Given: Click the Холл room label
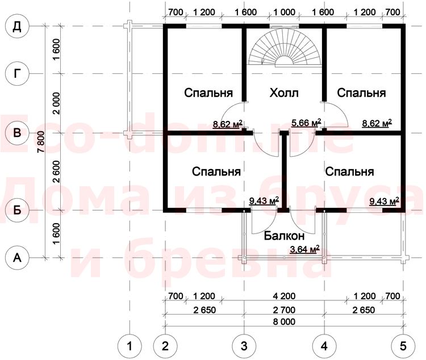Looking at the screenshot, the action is pyautogui.click(x=284, y=93).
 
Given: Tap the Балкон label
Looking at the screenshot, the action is pyautogui.click(x=284, y=236).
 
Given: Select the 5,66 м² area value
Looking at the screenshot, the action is pyautogui.click(x=306, y=123).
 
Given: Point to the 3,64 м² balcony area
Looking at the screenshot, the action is pyautogui.click(x=304, y=249).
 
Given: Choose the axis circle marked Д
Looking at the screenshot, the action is pyautogui.click(x=17, y=26).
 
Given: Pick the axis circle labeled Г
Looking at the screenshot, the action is pyautogui.click(x=17, y=73).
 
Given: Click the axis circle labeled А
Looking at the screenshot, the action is pyautogui.click(x=17, y=258).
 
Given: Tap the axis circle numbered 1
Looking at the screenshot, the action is pyautogui.click(x=130, y=346).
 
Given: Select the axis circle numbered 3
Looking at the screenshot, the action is pyautogui.click(x=244, y=346).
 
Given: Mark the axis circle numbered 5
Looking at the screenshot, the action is pyautogui.click(x=403, y=346).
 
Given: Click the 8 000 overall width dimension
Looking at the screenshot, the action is pyautogui.click(x=284, y=322).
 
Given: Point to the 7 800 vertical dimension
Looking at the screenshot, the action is pyautogui.click(x=41, y=141).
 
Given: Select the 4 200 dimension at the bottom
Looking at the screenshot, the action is pyautogui.click(x=284, y=296).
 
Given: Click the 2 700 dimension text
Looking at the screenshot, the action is pyautogui.click(x=284, y=309).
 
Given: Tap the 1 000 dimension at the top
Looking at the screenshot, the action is pyautogui.click(x=284, y=12).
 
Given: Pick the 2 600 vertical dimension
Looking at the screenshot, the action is pyautogui.click(x=56, y=171).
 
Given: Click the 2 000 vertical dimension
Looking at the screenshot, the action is pyautogui.click(x=56, y=103).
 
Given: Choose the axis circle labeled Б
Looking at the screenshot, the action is pyautogui.click(x=17, y=210).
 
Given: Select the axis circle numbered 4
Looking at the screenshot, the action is pyautogui.click(x=324, y=346).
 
